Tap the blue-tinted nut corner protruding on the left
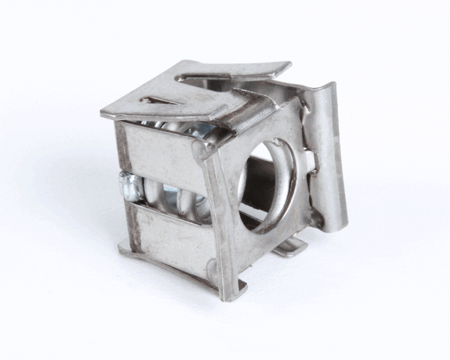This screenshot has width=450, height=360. point(128,187)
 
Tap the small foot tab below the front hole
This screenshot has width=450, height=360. point(289,247)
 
